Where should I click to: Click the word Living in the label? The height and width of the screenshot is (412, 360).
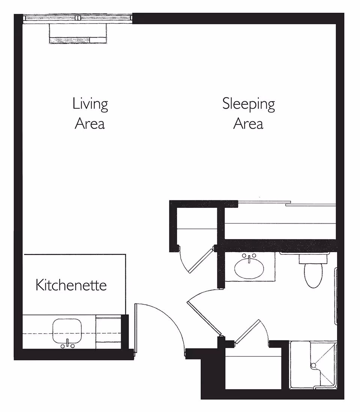click(90, 104)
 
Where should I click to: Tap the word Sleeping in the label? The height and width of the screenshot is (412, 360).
click(248, 104)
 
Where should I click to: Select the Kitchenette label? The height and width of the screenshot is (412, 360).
click(71, 285)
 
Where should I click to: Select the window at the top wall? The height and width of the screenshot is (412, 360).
click(78, 18)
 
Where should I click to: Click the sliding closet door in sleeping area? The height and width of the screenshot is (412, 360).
click(287, 204)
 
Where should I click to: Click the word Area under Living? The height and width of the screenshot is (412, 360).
click(90, 123)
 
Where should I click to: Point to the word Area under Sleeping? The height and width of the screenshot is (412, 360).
click(248, 123)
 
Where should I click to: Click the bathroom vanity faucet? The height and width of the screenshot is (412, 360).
click(249, 257)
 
